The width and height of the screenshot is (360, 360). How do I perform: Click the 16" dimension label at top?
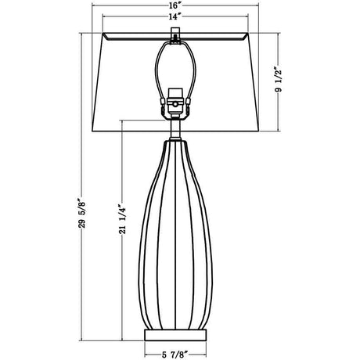tap(175, 5)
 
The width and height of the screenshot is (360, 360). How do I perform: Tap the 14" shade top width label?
tap(175, 16)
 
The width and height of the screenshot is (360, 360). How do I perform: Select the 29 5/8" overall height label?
tap(82, 213)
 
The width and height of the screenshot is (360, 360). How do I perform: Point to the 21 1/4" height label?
tap(123, 219)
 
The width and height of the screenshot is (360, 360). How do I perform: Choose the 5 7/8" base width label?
tap(175, 355)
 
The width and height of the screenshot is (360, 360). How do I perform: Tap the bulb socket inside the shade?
tap(175, 103)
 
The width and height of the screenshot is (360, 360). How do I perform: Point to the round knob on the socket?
tap(176, 104)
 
